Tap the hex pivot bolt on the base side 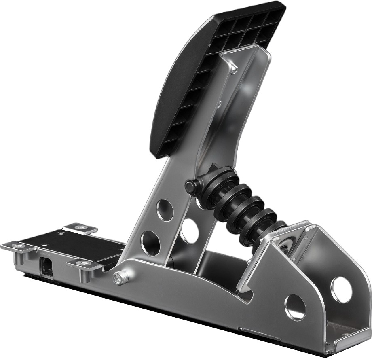pyautogui.click(x=121, y=278)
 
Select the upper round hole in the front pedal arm pyautogui.click(x=165, y=210)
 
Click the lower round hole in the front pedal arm pyautogui.click(x=150, y=243)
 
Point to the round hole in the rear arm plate pyautogui.click(x=189, y=231)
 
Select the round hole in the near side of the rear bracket pyautogui.click(x=295, y=307)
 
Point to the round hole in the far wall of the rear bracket pyautogui.click(x=341, y=290)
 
